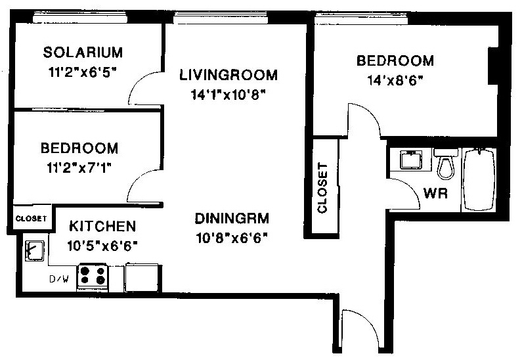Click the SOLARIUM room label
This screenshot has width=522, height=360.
[83, 53]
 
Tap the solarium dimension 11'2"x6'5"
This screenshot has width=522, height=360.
[83, 72]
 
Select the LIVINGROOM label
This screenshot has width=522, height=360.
[228, 75]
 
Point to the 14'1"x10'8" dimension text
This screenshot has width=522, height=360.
[228, 95]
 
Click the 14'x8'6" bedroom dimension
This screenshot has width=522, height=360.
[395, 80]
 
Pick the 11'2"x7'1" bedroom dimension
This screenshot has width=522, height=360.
[79, 168]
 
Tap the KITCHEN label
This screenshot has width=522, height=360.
[102, 227]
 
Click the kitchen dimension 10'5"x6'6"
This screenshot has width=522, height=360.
[102, 246]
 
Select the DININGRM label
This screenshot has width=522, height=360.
[232, 219]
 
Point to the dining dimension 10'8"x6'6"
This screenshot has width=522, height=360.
[232, 238]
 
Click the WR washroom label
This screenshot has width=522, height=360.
[435, 193]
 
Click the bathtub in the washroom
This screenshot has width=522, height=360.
[479, 180]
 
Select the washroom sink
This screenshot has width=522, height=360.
[411, 160]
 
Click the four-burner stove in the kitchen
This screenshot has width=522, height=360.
[93, 276]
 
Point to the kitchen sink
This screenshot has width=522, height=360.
[35, 250]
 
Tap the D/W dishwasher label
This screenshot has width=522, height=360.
[59, 279]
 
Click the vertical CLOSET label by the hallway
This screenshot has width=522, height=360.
[322, 188]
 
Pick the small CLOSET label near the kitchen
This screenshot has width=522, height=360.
[31, 219]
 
